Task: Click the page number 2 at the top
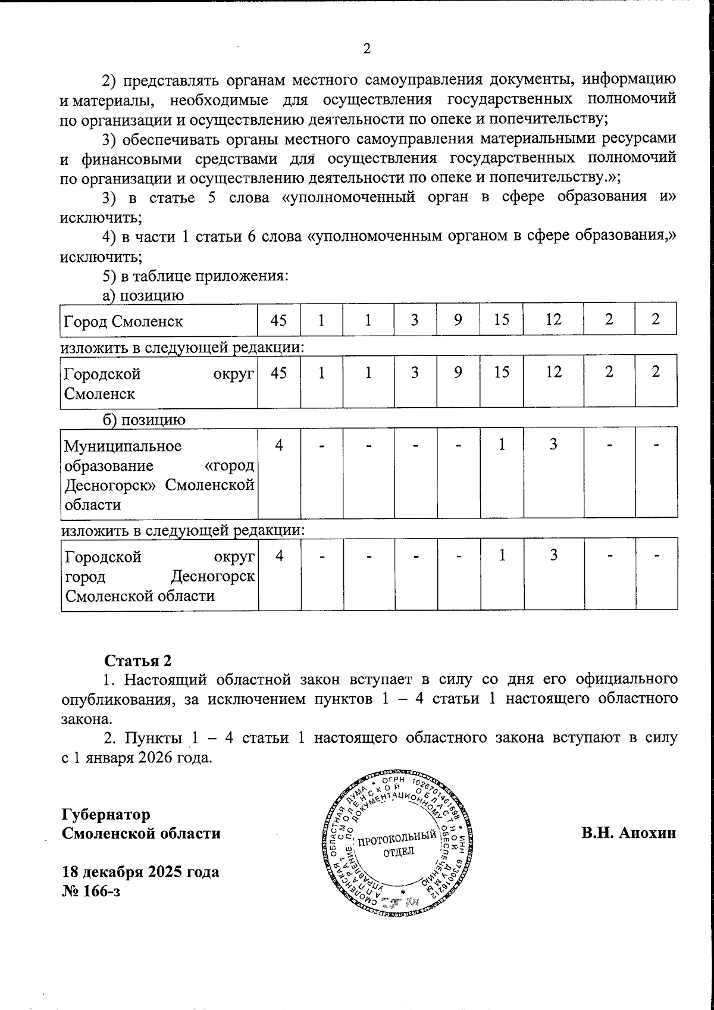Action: click(367, 49)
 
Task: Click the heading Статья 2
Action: click(138, 661)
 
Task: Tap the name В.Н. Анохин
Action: click(629, 833)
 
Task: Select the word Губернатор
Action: click(107, 814)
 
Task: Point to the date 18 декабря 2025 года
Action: click(140, 871)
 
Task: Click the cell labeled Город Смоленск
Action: click(123, 321)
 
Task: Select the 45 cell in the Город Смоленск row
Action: click(278, 320)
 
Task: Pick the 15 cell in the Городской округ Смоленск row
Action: click(502, 372)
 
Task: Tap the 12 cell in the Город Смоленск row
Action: click(553, 320)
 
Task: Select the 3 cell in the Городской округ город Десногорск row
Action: click(553, 555)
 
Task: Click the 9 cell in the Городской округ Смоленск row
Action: click(458, 372)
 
